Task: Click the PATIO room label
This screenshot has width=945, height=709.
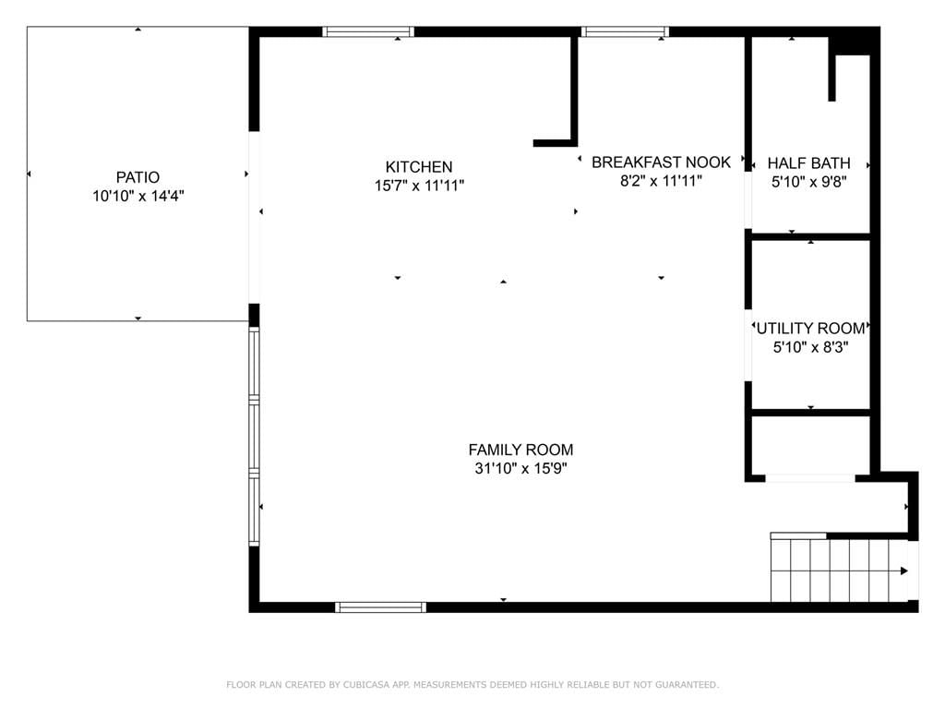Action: [138, 177]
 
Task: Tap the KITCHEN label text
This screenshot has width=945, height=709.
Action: [419, 167]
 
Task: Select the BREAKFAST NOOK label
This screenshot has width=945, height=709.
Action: [661, 162]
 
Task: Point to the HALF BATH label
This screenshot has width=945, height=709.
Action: [808, 163]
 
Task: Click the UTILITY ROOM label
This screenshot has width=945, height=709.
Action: [810, 329]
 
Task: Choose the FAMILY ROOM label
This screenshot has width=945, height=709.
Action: [520, 450]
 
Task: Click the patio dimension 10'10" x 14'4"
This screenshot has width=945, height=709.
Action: [138, 196]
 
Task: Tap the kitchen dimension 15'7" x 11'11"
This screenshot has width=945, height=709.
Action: [420, 186]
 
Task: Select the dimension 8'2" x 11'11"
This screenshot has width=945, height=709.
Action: [661, 181]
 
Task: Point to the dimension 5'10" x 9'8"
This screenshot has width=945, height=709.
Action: [809, 182]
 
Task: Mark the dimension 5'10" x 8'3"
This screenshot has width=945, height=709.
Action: [810, 347]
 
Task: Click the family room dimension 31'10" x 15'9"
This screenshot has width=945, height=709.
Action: [520, 468]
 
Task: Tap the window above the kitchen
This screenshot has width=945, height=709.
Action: [367, 32]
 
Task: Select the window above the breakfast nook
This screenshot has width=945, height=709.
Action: [625, 32]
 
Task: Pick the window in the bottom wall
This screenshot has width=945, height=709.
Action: [380, 607]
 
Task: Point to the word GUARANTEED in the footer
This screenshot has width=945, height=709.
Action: [687, 685]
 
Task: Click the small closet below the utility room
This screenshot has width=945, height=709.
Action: [810, 445]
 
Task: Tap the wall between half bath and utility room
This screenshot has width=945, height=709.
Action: [808, 236]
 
